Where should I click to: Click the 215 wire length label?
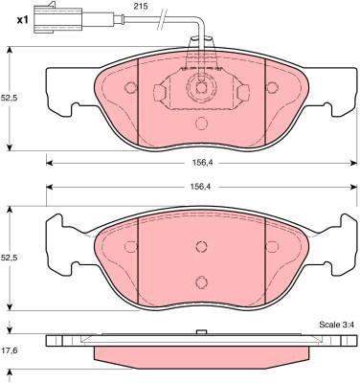coord(141,6)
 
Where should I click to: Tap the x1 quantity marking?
coord(22,20)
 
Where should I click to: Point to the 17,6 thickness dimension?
coord(9,350)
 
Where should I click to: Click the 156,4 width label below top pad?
coord(202,163)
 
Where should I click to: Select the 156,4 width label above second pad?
coord(202,187)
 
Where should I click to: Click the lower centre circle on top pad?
coord(201,124)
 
